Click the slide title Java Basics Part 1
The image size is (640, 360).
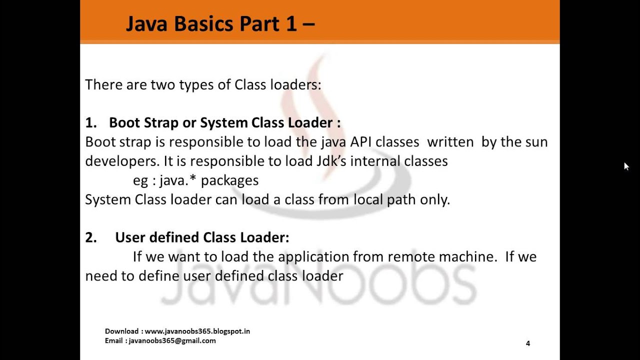click(x=220, y=23)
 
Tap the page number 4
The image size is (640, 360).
click(x=528, y=343)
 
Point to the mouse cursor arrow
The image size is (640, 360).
click(x=626, y=166)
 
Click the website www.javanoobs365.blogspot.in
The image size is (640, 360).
click(x=197, y=331)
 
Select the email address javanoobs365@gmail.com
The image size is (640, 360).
click(x=172, y=340)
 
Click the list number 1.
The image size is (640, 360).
click(x=90, y=123)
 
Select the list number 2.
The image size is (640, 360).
click(x=90, y=237)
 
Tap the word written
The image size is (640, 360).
click(x=450, y=142)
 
